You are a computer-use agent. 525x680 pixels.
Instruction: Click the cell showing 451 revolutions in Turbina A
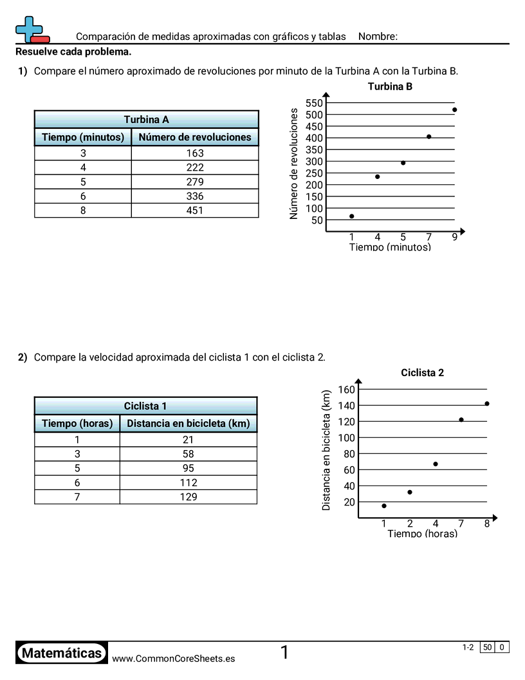pyautogui.click(x=194, y=211)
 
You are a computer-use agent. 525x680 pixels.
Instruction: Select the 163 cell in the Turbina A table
pyautogui.click(x=194, y=153)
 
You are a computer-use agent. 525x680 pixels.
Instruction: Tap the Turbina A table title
pyautogui.click(x=146, y=120)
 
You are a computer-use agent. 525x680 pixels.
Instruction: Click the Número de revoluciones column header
pyautogui.click(x=194, y=137)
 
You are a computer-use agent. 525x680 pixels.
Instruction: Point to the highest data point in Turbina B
pyautogui.click(x=454, y=109)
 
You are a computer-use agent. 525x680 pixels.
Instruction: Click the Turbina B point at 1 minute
pyautogui.click(x=351, y=216)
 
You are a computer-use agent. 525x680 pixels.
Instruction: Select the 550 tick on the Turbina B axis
pyautogui.click(x=314, y=103)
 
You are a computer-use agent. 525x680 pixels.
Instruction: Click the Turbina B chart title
pyautogui.click(x=390, y=86)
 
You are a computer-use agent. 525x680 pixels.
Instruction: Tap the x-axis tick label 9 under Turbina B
pyautogui.click(x=454, y=237)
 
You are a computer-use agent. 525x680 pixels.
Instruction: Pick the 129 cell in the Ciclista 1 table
pyautogui.click(x=188, y=497)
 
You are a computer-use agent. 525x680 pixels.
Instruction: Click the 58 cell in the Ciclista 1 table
pyautogui.click(x=188, y=455)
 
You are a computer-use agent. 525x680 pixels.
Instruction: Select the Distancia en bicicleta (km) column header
pyautogui.click(x=188, y=424)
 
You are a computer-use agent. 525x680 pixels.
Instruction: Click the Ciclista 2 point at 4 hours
pyautogui.click(x=436, y=464)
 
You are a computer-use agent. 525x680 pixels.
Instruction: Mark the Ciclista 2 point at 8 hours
pyautogui.click(x=487, y=404)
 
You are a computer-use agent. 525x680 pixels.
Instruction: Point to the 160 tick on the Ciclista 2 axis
pyautogui.click(x=346, y=390)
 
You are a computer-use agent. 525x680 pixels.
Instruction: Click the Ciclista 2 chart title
pyautogui.click(x=422, y=373)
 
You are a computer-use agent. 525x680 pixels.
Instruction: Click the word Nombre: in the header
pyautogui.click(x=378, y=37)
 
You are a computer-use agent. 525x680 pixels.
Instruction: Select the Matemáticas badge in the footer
pyautogui.click(x=62, y=654)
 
